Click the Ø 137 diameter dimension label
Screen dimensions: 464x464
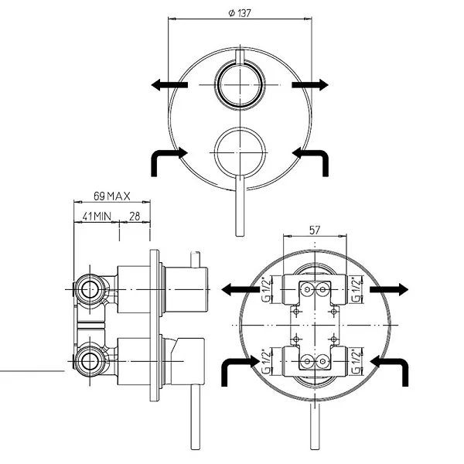pyautogui.click(x=240, y=13)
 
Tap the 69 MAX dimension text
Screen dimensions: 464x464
pyautogui.click(x=112, y=196)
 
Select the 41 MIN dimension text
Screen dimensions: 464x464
pyautogui.click(x=97, y=217)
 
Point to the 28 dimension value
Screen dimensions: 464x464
pyautogui.click(x=135, y=217)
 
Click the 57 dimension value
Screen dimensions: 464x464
pyautogui.click(x=315, y=230)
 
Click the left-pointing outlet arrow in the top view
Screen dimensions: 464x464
pyautogui.click(x=169, y=85)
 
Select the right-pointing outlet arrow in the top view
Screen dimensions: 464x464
pyautogui.click(x=310, y=85)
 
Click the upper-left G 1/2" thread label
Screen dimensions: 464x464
pyautogui.click(x=267, y=289)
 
